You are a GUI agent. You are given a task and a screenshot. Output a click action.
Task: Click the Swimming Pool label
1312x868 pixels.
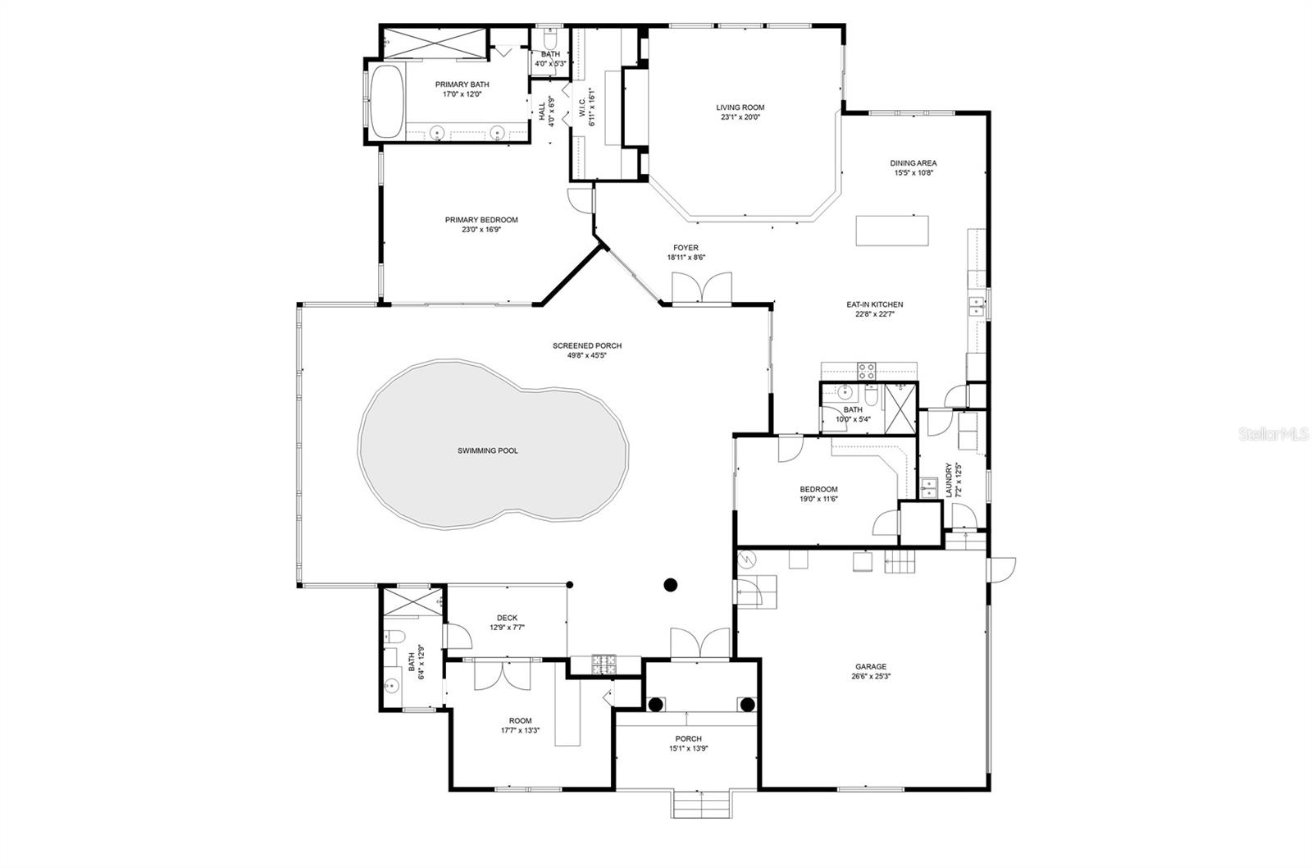[x=488, y=450]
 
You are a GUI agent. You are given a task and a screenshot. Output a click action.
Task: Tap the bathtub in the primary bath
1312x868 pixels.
[x=387, y=102]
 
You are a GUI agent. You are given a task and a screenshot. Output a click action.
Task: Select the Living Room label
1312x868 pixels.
[x=740, y=107]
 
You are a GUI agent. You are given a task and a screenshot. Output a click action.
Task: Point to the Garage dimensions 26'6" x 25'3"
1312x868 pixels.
[x=871, y=676]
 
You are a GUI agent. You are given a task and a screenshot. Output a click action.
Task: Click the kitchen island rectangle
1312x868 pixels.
[x=892, y=231]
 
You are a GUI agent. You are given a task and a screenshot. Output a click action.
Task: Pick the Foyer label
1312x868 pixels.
[x=686, y=248]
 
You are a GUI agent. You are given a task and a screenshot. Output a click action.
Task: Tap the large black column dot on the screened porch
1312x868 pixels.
[x=671, y=584]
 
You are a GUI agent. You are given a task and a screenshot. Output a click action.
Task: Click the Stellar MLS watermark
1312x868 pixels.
[x=1273, y=434]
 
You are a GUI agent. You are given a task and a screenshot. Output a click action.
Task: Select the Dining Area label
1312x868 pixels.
[x=913, y=163]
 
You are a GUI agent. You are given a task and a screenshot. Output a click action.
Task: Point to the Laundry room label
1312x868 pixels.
[x=949, y=480]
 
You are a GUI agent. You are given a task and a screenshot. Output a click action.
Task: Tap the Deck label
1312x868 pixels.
[x=508, y=618]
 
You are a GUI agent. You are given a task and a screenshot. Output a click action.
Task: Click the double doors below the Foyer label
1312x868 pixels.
[x=702, y=288]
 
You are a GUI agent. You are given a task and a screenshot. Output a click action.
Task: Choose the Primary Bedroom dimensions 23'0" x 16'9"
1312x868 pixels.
[x=481, y=229]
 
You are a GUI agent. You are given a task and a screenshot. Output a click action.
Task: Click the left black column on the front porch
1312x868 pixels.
[x=655, y=705]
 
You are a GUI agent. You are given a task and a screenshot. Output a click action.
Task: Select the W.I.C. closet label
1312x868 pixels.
[x=583, y=107]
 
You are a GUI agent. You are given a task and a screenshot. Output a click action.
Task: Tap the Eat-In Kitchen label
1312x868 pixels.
[x=875, y=304]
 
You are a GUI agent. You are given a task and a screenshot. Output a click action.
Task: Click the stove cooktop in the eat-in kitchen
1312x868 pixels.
[x=867, y=371]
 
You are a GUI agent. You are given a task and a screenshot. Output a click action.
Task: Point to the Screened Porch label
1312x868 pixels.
[x=587, y=345]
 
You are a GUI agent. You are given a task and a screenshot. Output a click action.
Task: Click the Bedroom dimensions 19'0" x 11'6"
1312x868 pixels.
[x=819, y=499]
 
